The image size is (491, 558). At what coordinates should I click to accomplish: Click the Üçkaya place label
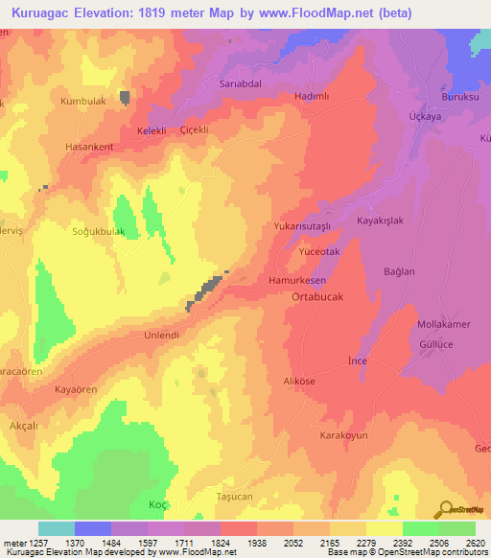pos(423,114)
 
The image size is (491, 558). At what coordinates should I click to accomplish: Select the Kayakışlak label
pos(384,221)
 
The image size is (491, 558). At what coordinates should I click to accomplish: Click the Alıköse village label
pos(299,382)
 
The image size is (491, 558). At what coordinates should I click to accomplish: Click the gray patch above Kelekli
pos(126,97)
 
